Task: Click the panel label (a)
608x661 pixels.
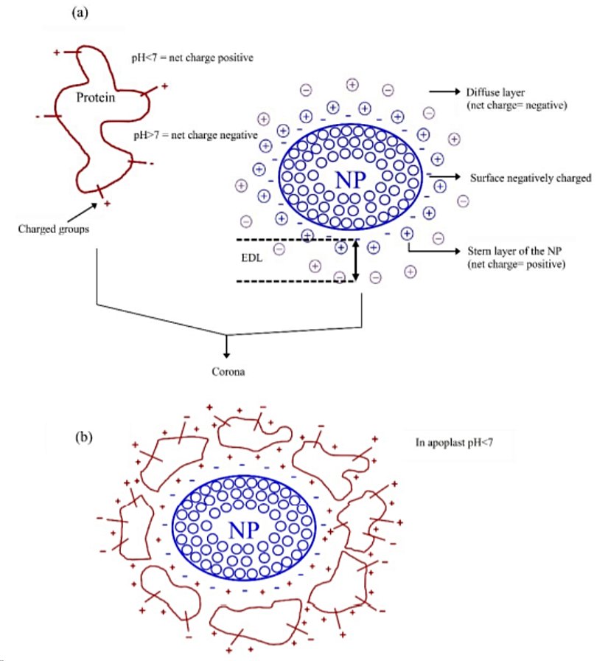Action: point(80,13)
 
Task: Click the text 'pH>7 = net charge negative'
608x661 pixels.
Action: point(195,135)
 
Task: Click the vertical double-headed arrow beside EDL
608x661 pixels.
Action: point(356,260)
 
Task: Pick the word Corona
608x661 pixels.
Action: point(227,371)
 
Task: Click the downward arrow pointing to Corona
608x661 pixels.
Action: point(227,347)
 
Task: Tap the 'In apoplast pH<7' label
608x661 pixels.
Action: point(457,446)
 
